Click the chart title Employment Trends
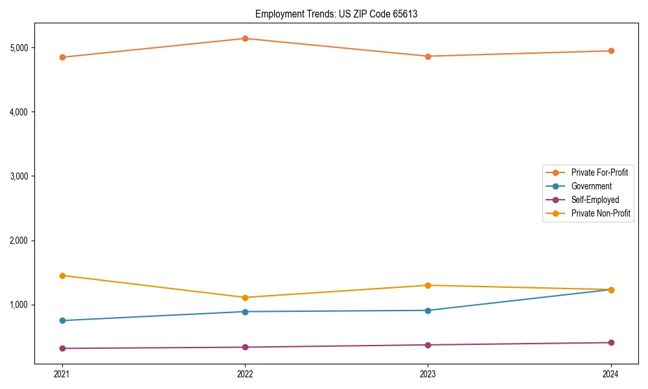coord(336,14)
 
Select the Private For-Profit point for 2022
coord(245,39)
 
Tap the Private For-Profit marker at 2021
coord(62,57)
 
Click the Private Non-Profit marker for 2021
coord(62,276)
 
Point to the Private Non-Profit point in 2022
coord(245,298)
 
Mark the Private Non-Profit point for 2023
coord(428,285)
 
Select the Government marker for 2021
coord(62,320)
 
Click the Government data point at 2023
coord(428,311)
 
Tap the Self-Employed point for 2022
coord(245,347)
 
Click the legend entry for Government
coord(591,186)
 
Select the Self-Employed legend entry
coord(595,200)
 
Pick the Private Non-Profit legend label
coord(601,213)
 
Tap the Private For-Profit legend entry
coord(599,172)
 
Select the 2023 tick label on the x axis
coord(428,374)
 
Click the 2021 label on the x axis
coord(62,374)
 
